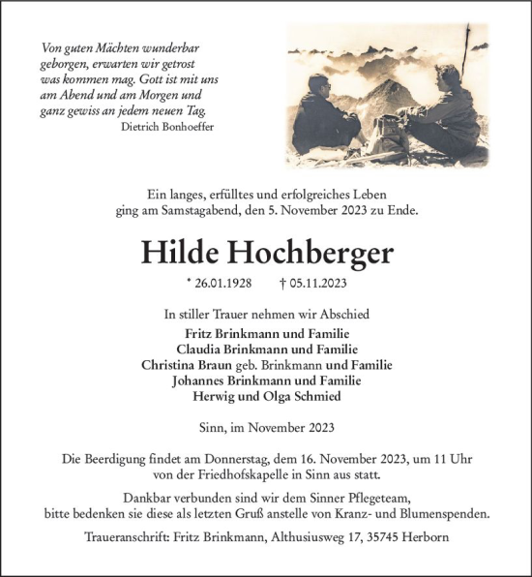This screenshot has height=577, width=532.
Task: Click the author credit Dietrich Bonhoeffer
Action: click(x=169, y=126)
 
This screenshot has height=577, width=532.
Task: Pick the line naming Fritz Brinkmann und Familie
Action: click(x=266, y=334)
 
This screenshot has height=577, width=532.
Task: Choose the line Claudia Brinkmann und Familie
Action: click(x=266, y=349)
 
